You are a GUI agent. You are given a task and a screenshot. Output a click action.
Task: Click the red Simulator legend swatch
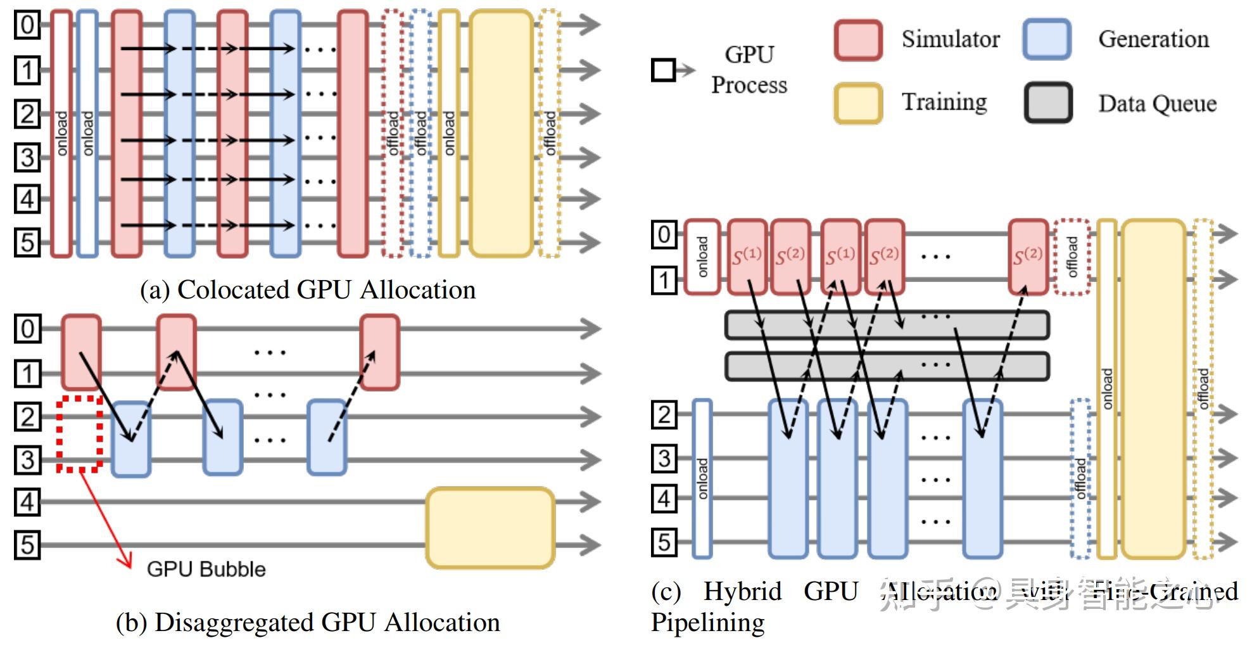click(x=858, y=40)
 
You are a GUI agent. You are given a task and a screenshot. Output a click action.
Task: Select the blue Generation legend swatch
click(x=1046, y=40)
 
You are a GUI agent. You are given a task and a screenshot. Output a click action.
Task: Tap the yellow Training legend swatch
click(x=858, y=103)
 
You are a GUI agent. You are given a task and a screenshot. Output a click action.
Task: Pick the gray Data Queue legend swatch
click(x=1048, y=103)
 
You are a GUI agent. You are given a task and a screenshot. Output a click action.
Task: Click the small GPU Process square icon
click(x=663, y=70)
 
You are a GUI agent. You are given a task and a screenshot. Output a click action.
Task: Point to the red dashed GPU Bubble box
click(x=80, y=435)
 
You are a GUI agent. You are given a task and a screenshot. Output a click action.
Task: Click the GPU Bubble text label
click(x=206, y=569)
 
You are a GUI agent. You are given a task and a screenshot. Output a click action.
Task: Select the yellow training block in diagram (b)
click(x=490, y=527)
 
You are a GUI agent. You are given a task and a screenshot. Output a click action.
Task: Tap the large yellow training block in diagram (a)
click(x=501, y=133)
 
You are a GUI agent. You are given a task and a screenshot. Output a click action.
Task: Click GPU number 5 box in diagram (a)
click(x=27, y=242)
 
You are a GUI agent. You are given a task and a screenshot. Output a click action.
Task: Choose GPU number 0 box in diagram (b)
click(x=27, y=329)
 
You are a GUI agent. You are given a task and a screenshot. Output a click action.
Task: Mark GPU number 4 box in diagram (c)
click(x=664, y=499)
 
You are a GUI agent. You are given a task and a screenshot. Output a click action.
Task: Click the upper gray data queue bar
click(x=887, y=325)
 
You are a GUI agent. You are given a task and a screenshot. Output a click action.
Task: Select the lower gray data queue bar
click(x=887, y=366)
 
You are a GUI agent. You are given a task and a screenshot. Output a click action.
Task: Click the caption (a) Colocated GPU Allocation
click(x=308, y=290)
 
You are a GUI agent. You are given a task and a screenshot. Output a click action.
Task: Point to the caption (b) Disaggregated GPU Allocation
click(x=308, y=622)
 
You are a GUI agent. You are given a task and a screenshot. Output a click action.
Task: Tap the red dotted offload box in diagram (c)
click(x=1072, y=257)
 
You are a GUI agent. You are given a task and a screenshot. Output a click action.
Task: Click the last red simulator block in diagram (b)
click(x=379, y=352)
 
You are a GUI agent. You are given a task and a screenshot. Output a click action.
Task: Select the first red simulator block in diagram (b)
click(x=81, y=352)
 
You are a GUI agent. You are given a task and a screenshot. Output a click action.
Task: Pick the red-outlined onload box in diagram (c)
click(x=702, y=257)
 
